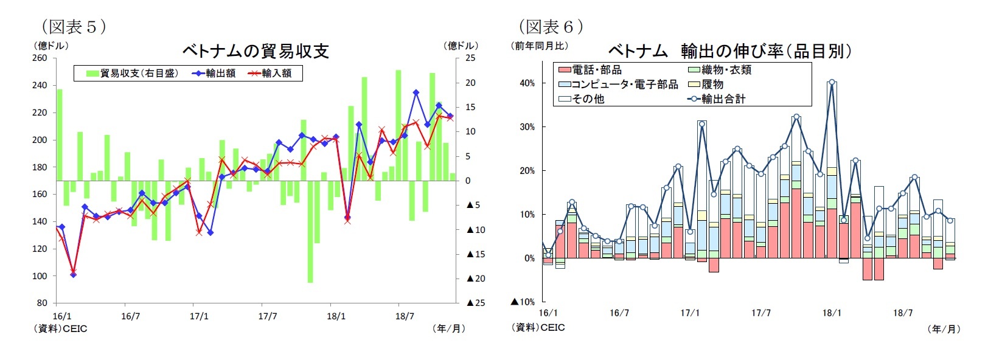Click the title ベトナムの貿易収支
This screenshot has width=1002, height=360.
click(256, 51)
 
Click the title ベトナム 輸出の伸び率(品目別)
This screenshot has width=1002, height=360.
click(729, 51)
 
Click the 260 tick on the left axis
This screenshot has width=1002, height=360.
click(40, 58)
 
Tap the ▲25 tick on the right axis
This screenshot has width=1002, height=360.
click(476, 303)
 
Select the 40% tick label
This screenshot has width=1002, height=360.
click(527, 83)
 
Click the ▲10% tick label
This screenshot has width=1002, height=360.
click(523, 302)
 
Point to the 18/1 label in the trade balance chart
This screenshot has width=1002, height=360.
click(336, 316)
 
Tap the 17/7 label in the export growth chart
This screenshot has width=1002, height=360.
click(760, 313)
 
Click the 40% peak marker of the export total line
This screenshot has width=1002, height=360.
click(832, 82)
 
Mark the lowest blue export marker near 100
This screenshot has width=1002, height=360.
click(73, 275)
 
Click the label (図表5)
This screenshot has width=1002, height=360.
click(74, 27)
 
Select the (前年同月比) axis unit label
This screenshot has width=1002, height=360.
click(541, 46)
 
